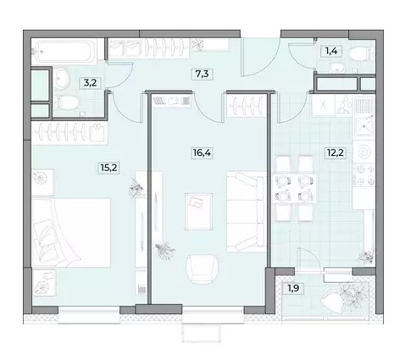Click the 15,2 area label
108,168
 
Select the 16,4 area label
202,153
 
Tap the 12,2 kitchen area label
336,153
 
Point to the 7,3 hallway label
202,74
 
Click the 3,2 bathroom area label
91,83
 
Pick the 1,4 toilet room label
331,51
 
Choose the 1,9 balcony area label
293,288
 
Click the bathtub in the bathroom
64,52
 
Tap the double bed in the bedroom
71,232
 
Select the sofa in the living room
247,212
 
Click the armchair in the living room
202,269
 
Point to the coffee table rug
199,212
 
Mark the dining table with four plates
295,188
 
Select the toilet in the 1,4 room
361,53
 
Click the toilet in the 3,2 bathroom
66,102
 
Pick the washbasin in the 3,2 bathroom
61,79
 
